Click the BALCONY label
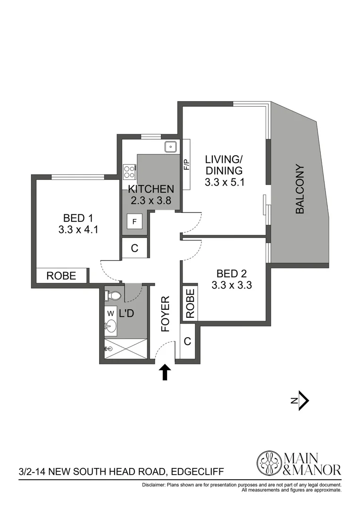coord(300,189)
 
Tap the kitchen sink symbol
coord(170,146)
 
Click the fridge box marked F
coord(134,221)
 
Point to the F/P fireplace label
coord(186,165)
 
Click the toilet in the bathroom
coord(113,296)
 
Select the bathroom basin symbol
coord(111,326)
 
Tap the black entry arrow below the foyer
coord(165,372)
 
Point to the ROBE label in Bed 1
coord(61,276)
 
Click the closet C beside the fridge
coord(134,248)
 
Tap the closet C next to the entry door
coord(187,341)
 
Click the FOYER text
coord(165,314)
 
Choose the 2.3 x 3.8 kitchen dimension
coord(151,200)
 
